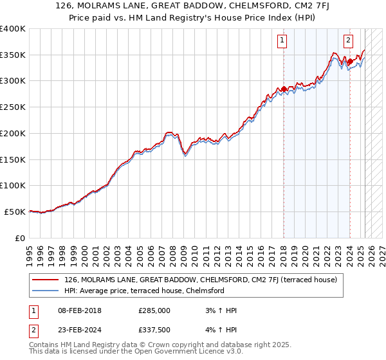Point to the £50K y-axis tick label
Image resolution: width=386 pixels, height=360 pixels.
[16, 212]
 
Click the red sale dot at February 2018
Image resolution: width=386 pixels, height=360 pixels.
[284, 89]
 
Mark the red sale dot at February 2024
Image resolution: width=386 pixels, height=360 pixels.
[350, 62]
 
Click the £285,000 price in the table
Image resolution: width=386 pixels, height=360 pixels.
[154, 310]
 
